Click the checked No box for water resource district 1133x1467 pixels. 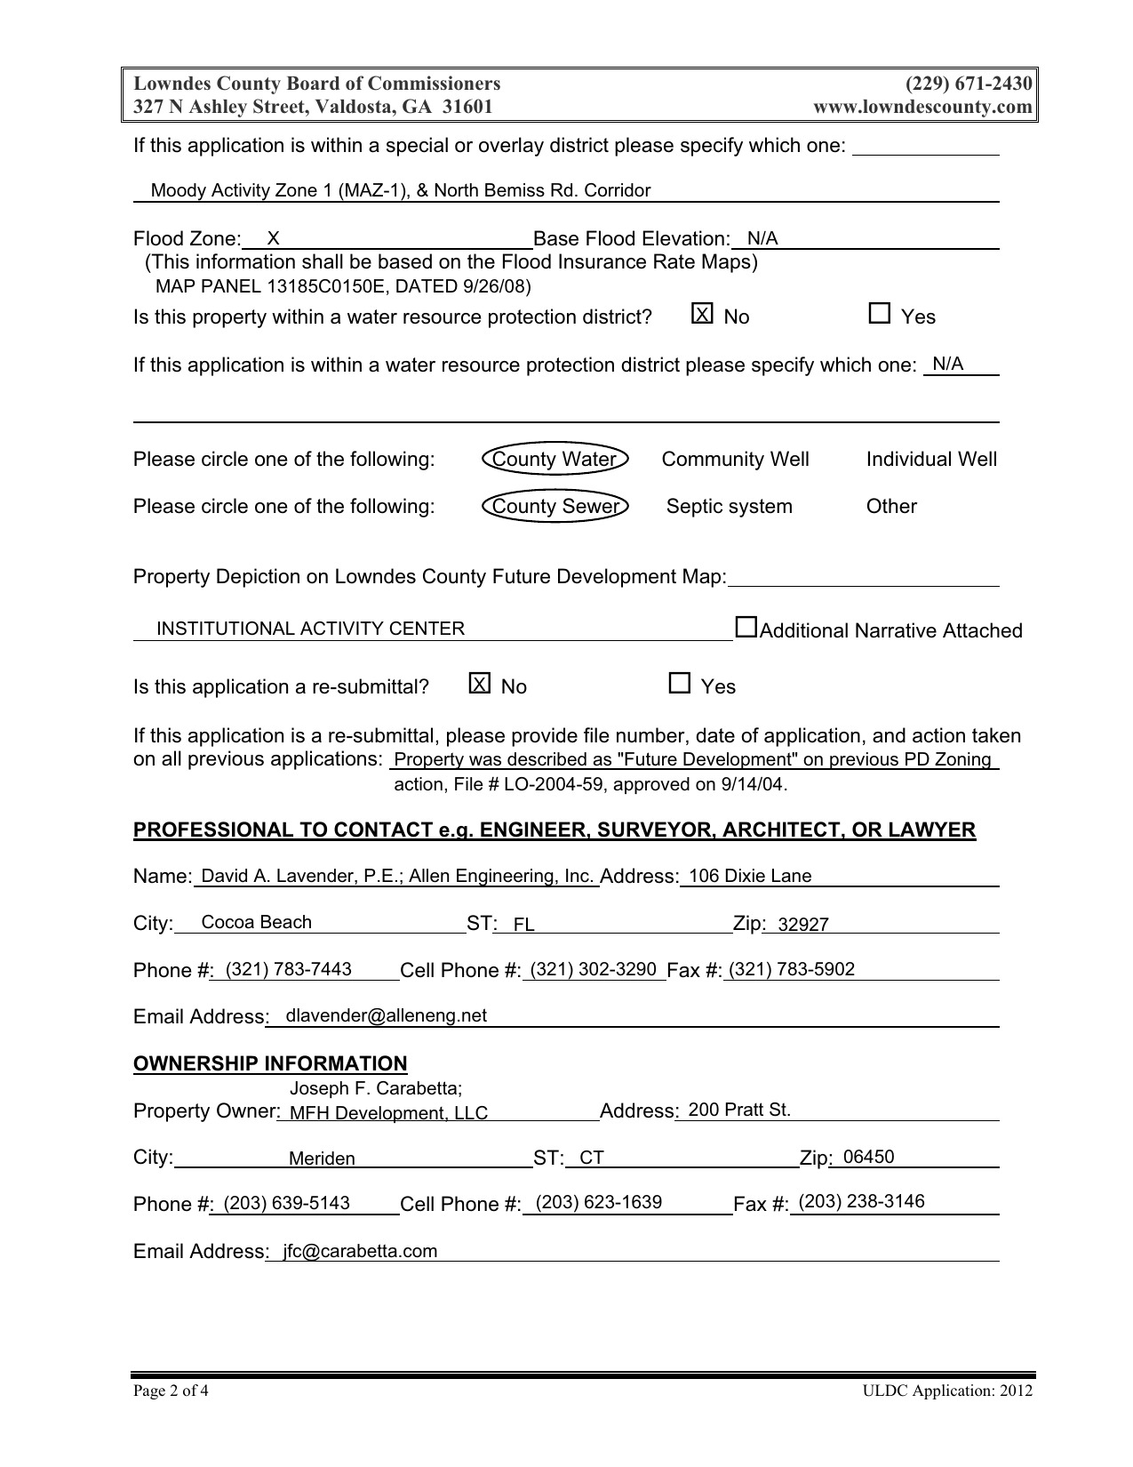point(702,314)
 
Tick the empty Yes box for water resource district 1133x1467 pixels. point(879,314)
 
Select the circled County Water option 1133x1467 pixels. point(555,459)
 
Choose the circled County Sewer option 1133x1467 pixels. point(555,506)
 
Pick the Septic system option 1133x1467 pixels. point(729,506)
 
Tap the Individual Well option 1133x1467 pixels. point(931,459)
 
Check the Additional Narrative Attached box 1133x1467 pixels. point(746,628)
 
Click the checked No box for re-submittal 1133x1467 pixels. point(479,684)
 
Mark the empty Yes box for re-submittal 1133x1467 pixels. point(679,684)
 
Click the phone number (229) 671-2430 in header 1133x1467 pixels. point(969,84)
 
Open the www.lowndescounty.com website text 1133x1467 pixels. point(922,107)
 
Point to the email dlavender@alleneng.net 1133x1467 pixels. point(386,1015)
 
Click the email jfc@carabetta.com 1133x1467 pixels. point(360,1251)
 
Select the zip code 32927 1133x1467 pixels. point(802,925)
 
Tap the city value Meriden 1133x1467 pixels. point(322,1158)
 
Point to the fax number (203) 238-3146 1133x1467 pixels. point(861,1202)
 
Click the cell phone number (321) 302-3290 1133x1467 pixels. point(593,969)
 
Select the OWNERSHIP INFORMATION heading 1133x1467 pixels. point(270,1063)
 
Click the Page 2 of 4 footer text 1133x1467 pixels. point(171,1391)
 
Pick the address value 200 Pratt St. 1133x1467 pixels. point(738,1110)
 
